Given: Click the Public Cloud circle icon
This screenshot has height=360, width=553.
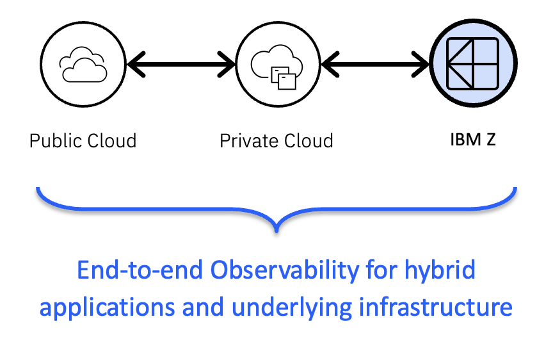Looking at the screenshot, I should coord(83,63).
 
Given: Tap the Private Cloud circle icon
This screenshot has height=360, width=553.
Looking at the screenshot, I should coord(277,63).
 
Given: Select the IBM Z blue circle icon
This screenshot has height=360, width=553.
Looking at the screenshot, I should coord(472,63).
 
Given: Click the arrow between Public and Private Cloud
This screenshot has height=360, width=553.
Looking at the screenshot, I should coord(181,63).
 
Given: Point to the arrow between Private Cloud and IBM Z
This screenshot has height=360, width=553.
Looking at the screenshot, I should coord(376,63).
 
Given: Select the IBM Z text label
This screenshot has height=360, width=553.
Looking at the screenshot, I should coord(472,139).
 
